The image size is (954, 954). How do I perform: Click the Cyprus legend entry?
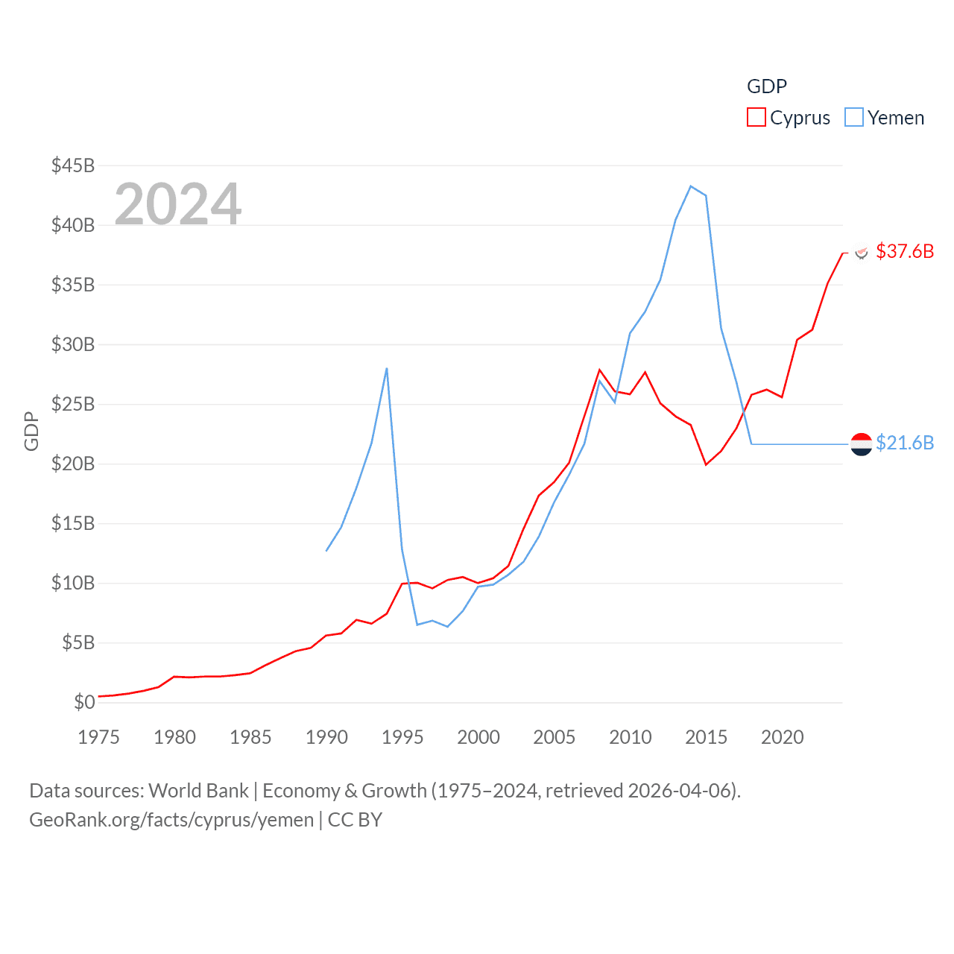click(789, 118)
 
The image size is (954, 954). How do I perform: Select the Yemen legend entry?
click(885, 118)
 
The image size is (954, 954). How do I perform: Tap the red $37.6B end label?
click(905, 251)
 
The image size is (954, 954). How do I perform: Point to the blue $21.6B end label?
click(905, 443)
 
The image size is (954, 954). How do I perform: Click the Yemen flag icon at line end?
click(862, 444)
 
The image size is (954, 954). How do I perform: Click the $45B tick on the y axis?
click(73, 165)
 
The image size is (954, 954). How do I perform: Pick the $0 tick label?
click(84, 702)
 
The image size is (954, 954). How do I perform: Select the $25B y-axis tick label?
click(73, 404)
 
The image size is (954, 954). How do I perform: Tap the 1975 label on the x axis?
click(98, 737)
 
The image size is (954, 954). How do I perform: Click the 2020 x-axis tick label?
click(783, 737)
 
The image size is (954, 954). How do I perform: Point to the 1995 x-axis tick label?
click(402, 737)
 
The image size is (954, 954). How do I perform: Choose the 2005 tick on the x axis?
click(555, 737)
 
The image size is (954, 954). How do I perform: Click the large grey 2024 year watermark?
click(178, 204)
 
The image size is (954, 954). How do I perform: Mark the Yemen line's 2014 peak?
click(691, 186)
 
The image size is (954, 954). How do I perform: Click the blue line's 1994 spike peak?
click(387, 368)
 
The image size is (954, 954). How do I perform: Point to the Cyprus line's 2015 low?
click(706, 464)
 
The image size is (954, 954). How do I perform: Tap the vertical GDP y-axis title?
click(31, 431)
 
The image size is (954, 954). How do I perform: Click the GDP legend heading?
click(767, 86)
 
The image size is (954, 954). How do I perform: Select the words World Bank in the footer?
click(199, 791)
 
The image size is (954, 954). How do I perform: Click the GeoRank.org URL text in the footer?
click(171, 820)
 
